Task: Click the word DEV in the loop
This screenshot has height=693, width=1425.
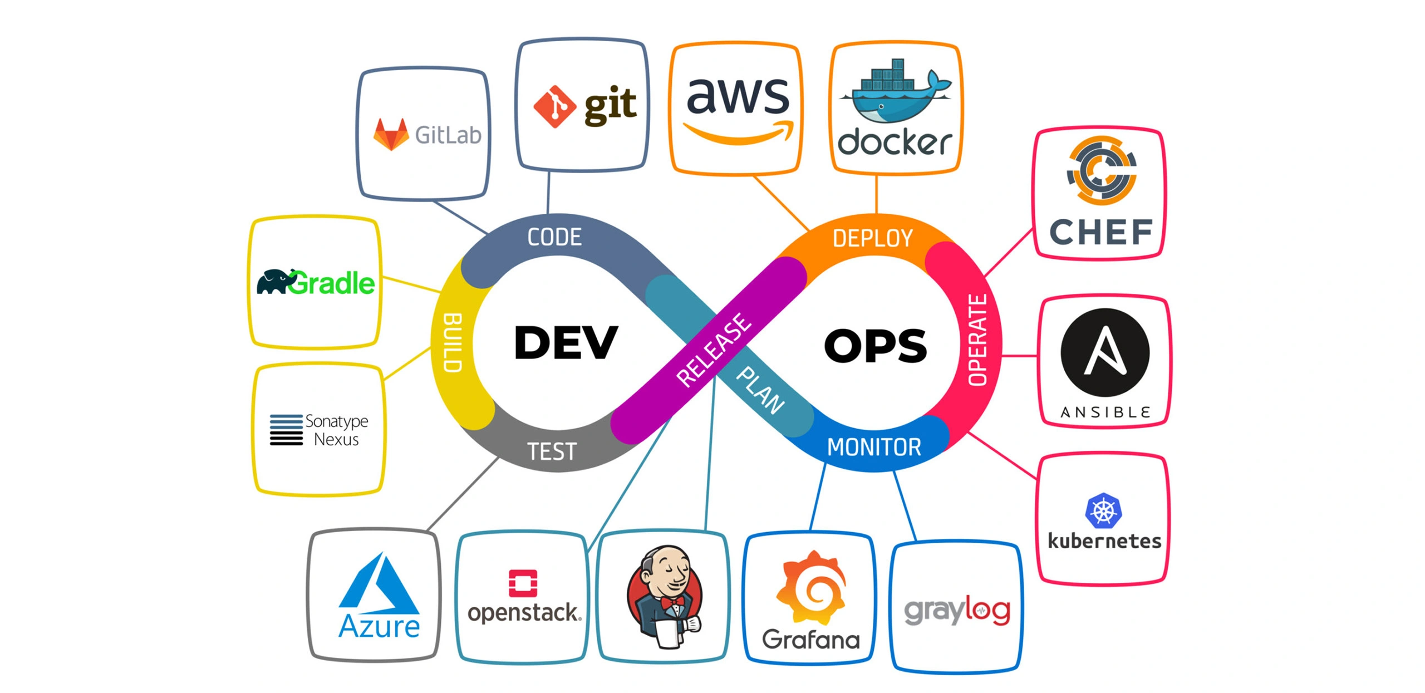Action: (x=565, y=342)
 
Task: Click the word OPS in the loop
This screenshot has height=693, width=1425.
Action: (x=875, y=346)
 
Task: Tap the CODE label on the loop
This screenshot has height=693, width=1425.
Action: (x=554, y=237)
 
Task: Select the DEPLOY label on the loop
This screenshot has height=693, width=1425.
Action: (x=872, y=238)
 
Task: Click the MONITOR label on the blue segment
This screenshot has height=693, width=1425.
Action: (x=873, y=447)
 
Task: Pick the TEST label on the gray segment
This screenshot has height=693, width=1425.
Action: (x=551, y=451)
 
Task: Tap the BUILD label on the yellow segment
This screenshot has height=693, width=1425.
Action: (x=452, y=342)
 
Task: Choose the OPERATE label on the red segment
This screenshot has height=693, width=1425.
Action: (x=977, y=340)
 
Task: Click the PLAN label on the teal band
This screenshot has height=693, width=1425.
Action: (x=760, y=390)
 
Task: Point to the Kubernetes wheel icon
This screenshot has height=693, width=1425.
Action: (x=1103, y=510)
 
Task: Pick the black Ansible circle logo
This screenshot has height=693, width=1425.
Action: (x=1104, y=352)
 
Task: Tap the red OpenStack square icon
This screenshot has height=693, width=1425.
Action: (x=523, y=583)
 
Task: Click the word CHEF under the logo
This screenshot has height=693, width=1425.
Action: (x=1100, y=232)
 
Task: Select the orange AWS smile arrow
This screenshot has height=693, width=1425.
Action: (x=739, y=134)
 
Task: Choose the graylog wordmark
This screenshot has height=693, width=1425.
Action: (x=956, y=611)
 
